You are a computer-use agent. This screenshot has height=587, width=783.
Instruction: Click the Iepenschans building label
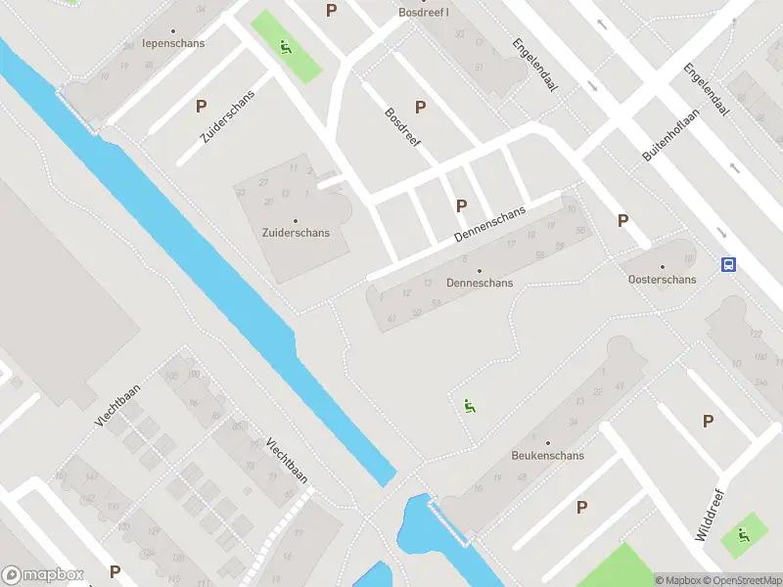(x=172, y=43)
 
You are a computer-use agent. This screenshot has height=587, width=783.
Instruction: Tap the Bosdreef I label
(x=424, y=13)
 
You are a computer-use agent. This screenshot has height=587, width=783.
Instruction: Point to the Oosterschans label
(x=663, y=279)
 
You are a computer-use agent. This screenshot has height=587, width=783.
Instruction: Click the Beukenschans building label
(x=547, y=455)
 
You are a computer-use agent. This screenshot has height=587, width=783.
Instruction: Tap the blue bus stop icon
(x=728, y=264)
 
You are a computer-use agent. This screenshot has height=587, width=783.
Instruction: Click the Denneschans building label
(x=479, y=283)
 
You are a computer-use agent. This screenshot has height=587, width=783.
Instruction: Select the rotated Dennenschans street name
(x=490, y=225)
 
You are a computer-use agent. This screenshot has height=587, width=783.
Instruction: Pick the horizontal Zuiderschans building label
(x=296, y=233)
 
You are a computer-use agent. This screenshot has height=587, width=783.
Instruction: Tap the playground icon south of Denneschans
(x=469, y=405)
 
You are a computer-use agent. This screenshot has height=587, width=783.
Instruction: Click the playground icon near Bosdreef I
(x=285, y=46)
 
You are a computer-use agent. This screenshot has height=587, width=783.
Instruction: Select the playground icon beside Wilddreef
(x=743, y=534)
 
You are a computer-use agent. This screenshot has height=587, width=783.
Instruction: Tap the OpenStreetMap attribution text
(x=745, y=580)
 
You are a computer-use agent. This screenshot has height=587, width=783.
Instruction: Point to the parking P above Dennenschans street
(x=461, y=205)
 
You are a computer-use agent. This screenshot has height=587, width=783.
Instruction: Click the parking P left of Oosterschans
(x=622, y=221)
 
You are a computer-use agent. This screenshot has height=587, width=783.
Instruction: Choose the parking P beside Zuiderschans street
(x=202, y=106)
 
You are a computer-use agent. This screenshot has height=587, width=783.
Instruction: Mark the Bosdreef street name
(x=402, y=127)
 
